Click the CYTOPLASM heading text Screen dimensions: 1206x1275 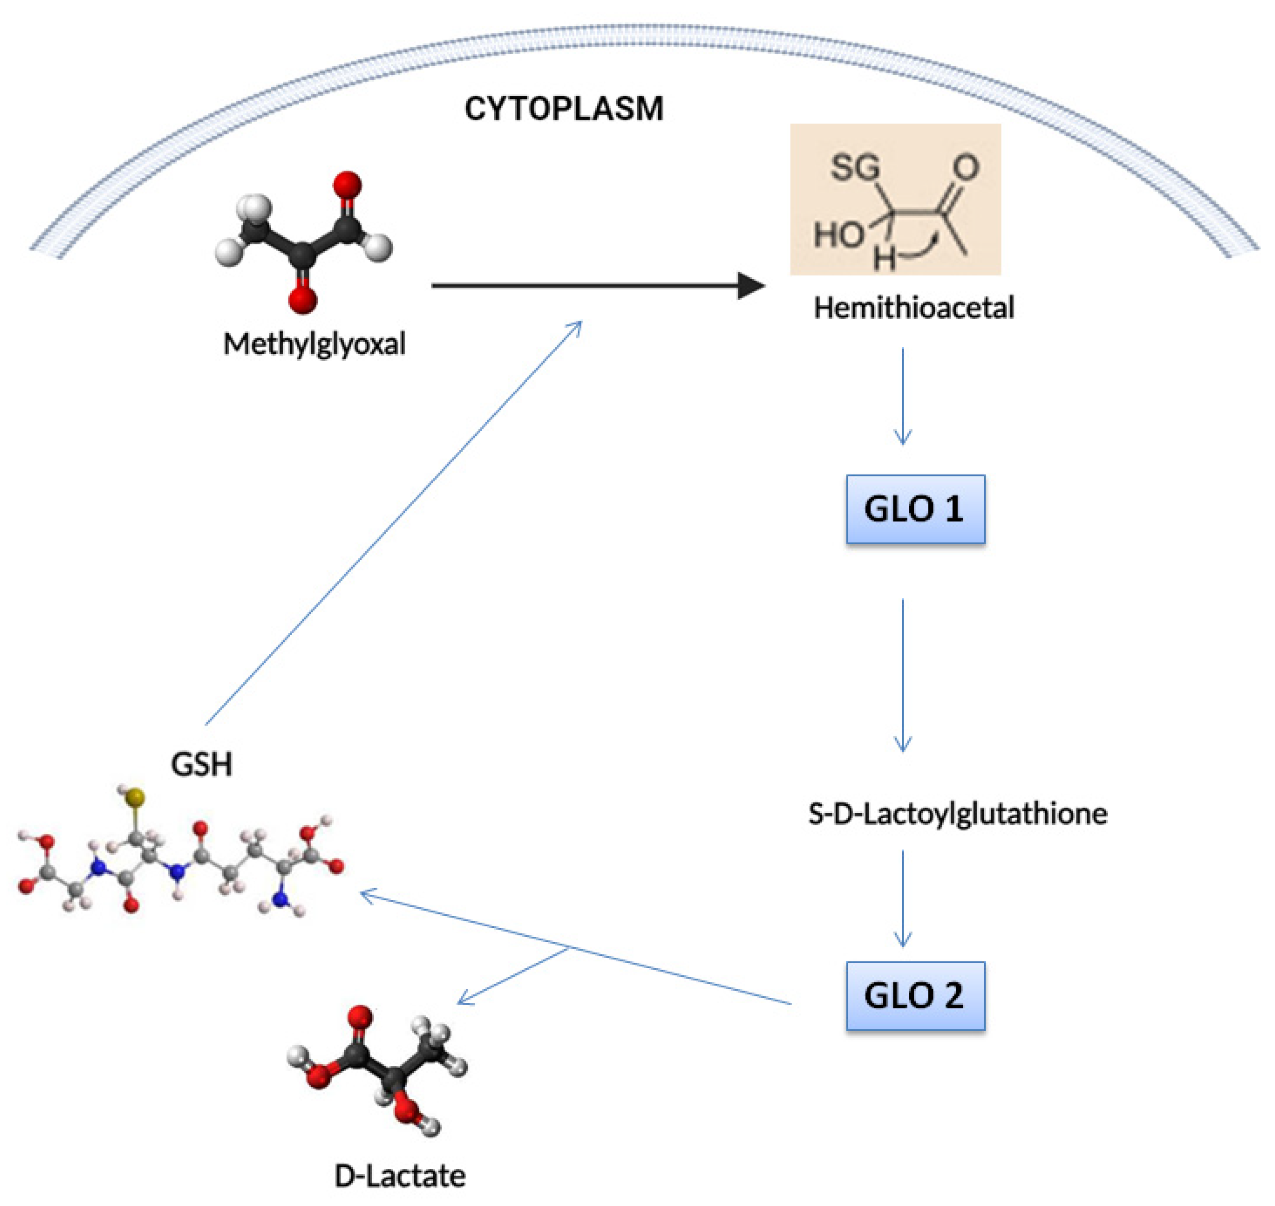[563, 108]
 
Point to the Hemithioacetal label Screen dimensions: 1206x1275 [914, 307]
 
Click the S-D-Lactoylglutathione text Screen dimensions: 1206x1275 [958, 814]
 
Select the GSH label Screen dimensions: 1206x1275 [201, 764]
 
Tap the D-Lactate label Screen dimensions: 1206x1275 [400, 1176]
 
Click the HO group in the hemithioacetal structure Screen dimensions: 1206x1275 [838, 235]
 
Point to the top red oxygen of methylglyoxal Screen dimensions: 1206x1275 [347, 184]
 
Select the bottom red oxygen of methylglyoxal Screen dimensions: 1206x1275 [302, 300]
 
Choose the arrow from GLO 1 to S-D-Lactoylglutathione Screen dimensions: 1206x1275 [903, 675]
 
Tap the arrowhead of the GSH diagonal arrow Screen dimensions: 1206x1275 [577, 326]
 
